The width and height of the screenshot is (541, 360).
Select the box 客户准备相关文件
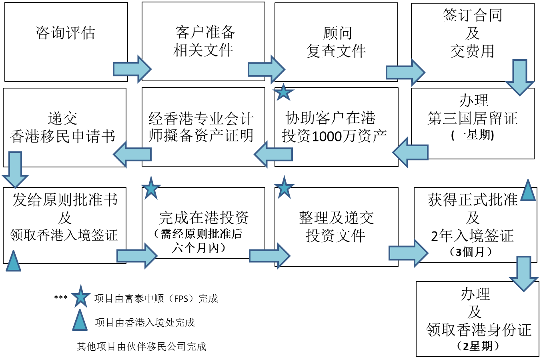click(x=203, y=41)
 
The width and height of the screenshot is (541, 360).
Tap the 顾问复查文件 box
click(x=336, y=42)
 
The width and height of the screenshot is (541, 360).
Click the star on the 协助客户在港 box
click(x=284, y=93)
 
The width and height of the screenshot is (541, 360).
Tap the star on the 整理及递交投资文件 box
click(x=284, y=187)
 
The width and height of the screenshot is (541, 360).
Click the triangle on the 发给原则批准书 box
click(x=13, y=261)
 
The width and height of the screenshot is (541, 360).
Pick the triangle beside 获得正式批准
click(x=528, y=191)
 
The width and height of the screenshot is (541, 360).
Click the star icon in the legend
click(x=80, y=297)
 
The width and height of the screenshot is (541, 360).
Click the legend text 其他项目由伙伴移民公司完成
click(x=142, y=346)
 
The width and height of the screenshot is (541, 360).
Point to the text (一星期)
click(x=473, y=135)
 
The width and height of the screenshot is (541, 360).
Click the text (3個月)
click(x=471, y=252)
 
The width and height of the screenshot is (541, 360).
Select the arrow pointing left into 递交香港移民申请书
click(x=132, y=154)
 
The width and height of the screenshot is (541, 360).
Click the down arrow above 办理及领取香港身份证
click(x=523, y=274)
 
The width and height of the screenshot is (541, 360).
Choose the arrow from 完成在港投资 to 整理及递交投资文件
click(x=269, y=255)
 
